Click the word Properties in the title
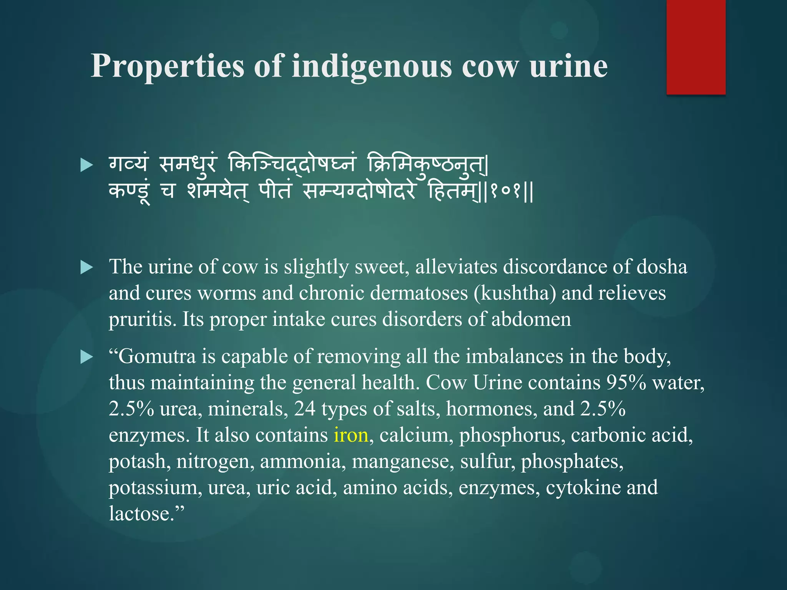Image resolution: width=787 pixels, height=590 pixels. pos(167,66)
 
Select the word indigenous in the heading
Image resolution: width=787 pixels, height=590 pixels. pos(372,66)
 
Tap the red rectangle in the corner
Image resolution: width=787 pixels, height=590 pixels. pos(696,47)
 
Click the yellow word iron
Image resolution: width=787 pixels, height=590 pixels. pos(351,435)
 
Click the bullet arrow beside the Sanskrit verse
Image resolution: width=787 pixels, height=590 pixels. pos(87,166)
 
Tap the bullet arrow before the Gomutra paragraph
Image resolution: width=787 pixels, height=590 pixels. pos(87,357)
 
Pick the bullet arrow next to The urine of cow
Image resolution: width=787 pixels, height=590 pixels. pos(87,268)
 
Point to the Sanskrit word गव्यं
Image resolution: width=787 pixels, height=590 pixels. pos(128,165)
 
